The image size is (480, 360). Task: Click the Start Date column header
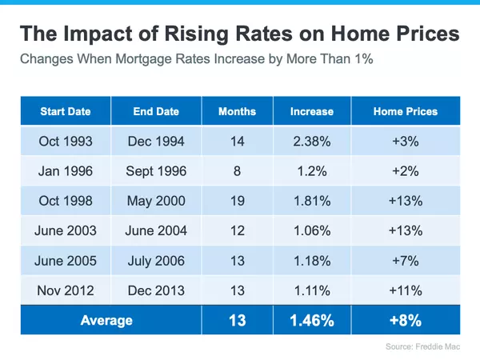click(x=66, y=111)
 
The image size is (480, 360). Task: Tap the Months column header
click(x=237, y=111)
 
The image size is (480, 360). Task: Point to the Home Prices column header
click(x=406, y=111)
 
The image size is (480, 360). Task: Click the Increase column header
click(x=312, y=111)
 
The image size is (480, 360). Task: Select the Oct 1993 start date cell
click(x=66, y=142)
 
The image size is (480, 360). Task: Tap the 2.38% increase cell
click(x=312, y=142)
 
